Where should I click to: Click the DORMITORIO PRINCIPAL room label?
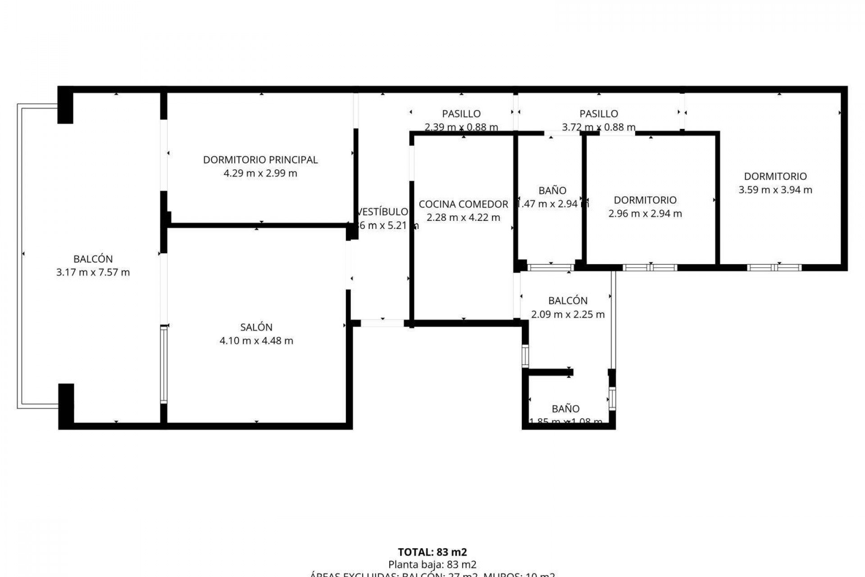(x=260, y=160)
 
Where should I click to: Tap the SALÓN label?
(x=256, y=327)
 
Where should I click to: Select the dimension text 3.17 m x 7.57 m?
(x=93, y=272)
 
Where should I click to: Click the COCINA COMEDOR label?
(x=463, y=204)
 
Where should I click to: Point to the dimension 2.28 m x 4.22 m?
(x=463, y=218)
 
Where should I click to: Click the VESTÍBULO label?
(x=382, y=212)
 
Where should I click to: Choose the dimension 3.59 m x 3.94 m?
(x=775, y=190)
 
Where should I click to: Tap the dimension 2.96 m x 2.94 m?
(x=645, y=214)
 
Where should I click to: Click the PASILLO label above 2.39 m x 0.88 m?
(x=461, y=114)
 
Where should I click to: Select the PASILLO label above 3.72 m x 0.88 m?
(x=598, y=114)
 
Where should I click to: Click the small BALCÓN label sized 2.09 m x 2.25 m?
(x=568, y=301)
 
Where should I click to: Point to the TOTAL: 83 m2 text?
(x=432, y=552)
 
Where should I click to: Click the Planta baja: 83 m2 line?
(x=432, y=564)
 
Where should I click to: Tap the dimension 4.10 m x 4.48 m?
(x=256, y=341)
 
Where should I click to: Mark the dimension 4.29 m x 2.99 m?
(x=260, y=173)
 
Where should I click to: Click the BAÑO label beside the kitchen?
(x=552, y=191)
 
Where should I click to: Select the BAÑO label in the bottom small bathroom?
(x=565, y=409)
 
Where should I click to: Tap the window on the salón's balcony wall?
(x=164, y=364)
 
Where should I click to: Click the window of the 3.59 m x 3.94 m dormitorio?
(x=774, y=267)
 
